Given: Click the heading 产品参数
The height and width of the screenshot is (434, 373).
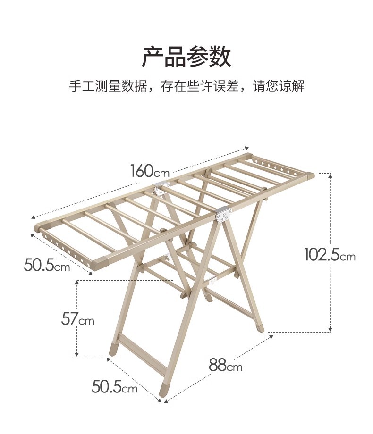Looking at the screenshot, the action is [x=186, y=57].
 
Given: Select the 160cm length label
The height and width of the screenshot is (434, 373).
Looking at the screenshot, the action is [x=150, y=171].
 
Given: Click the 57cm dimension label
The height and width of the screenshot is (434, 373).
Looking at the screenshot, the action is [x=78, y=319].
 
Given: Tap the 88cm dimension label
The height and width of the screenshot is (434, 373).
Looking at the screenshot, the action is [x=225, y=365].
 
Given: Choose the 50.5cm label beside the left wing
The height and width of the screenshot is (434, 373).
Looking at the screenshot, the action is [x=47, y=265].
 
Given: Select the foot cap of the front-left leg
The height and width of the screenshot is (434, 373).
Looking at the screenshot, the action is [x=113, y=349].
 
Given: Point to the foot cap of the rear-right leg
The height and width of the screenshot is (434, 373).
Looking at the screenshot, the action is [x=261, y=325].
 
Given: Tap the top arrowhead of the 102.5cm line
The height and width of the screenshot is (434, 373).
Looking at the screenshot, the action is [x=331, y=175].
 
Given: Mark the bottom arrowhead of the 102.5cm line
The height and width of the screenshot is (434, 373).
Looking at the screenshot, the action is [x=331, y=330].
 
